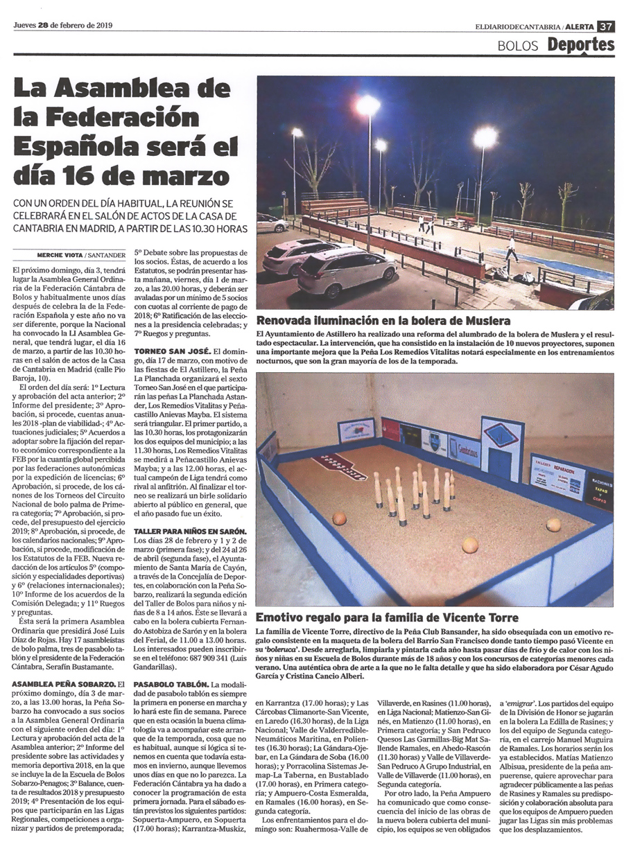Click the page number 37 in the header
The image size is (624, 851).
click(606, 26)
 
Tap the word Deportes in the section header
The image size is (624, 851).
click(580, 45)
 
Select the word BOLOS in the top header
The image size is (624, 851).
click(519, 46)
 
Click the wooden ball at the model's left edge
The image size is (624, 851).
click(339, 518)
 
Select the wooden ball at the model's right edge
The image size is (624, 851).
click(553, 525)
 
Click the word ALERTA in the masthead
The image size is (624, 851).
click(579, 26)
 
